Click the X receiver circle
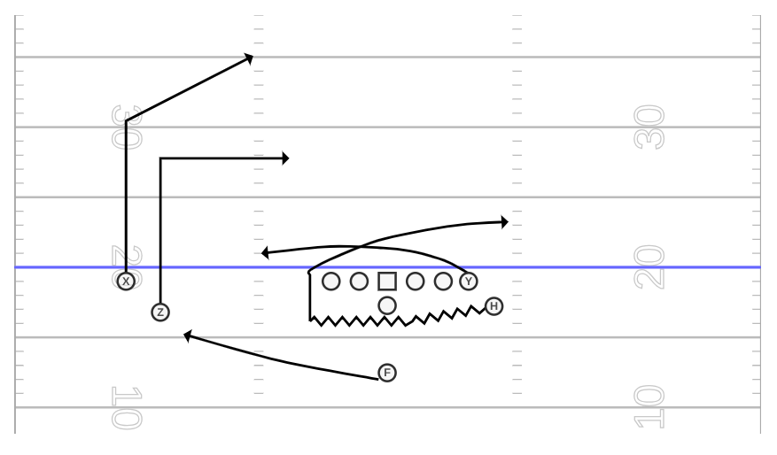(x=126, y=281)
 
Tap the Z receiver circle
(x=160, y=312)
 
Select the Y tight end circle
(x=469, y=281)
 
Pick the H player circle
(x=493, y=306)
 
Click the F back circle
(x=387, y=373)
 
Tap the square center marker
(x=387, y=281)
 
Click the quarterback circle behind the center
(x=387, y=305)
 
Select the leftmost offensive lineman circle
(x=331, y=281)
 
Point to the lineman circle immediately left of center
(x=360, y=281)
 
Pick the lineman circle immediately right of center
(x=416, y=281)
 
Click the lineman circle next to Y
(x=443, y=281)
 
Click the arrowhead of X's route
(x=249, y=58)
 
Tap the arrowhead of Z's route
(x=285, y=158)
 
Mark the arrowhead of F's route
(x=187, y=336)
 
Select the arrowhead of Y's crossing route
(x=265, y=253)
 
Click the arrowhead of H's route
(x=505, y=222)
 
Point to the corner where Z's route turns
(x=160, y=158)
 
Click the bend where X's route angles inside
(x=127, y=120)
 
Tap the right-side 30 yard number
(x=649, y=127)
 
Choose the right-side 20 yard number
(x=649, y=267)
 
